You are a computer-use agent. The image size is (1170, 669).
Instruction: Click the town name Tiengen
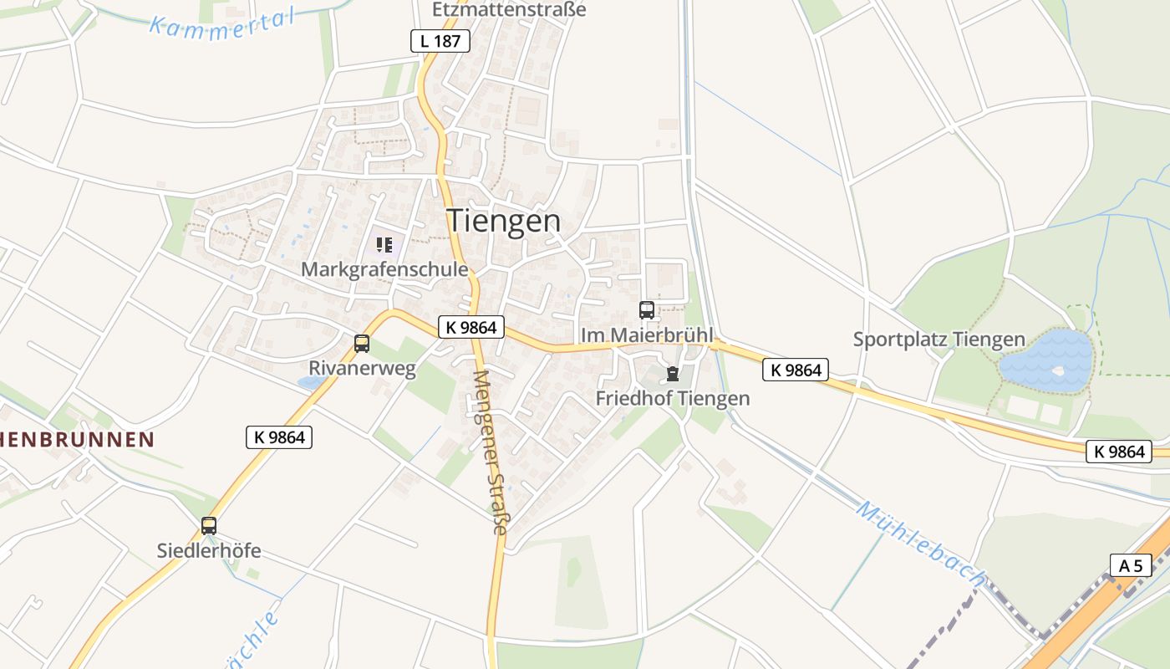coord(504,221)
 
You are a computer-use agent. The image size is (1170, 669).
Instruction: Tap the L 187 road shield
coord(440,40)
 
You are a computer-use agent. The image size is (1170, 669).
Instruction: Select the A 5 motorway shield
coord(1131,565)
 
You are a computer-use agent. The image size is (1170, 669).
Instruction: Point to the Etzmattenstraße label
coord(509,10)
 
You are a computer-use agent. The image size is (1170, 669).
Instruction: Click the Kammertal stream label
coord(222,21)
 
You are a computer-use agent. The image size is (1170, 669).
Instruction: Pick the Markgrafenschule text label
coord(384,269)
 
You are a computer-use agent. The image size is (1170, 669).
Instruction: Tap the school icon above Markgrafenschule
coord(384,245)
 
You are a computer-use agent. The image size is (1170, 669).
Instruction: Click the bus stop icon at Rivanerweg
coord(362,343)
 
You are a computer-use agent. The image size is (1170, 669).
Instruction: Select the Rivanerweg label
coord(362,369)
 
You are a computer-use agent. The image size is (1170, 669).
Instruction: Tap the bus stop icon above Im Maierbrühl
coord(647,310)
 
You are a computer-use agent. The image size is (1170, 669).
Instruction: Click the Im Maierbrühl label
coord(648,335)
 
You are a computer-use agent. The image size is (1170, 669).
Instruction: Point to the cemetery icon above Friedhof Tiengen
coord(673,374)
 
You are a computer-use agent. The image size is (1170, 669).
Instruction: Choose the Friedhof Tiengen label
coord(673,398)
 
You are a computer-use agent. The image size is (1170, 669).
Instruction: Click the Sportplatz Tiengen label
coord(939,340)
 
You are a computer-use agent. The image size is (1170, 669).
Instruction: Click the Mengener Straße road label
coord(489,452)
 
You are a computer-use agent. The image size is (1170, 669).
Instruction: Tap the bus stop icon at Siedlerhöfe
coord(209,526)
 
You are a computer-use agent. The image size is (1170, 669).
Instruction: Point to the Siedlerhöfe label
coord(209,550)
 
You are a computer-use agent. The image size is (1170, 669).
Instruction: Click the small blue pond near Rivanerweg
coord(312,382)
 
